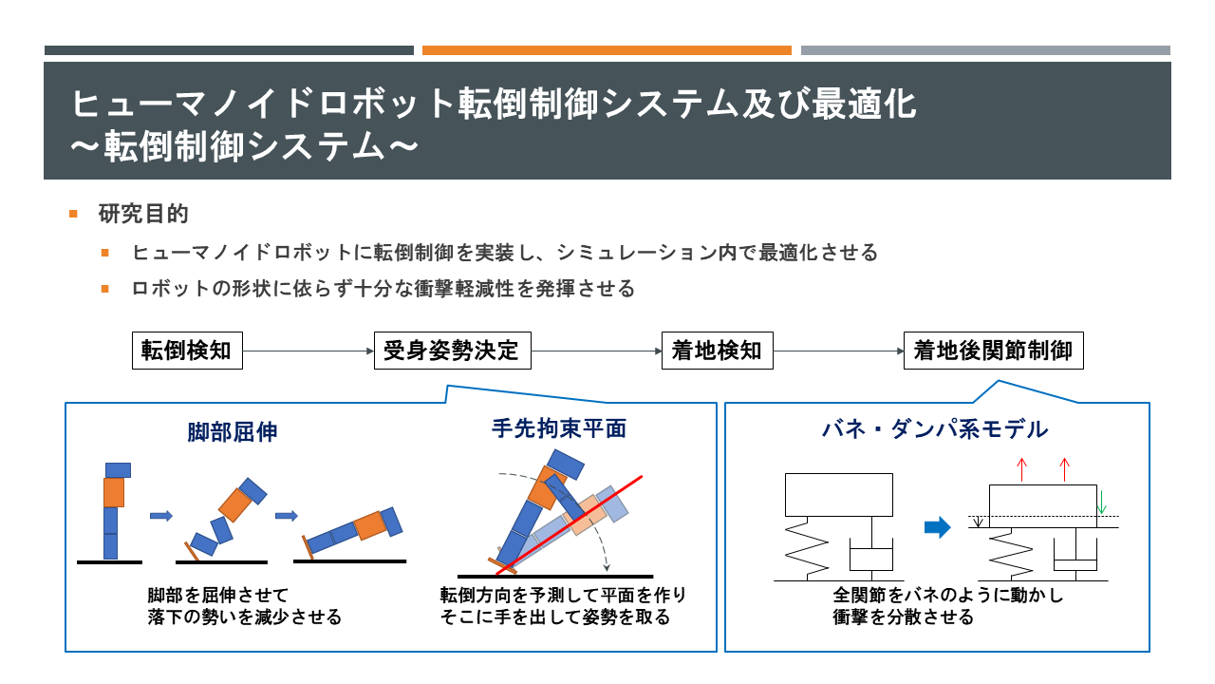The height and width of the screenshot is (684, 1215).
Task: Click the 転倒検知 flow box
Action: (x=187, y=351)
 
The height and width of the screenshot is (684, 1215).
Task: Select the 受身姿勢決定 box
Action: (x=453, y=351)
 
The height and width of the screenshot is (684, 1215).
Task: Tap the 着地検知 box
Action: (x=717, y=351)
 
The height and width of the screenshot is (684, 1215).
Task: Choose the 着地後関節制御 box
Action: (x=993, y=351)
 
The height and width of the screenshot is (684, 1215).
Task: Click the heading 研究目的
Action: (x=143, y=214)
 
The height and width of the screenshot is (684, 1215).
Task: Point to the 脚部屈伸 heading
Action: (x=233, y=432)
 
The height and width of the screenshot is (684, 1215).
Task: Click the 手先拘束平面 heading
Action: (x=559, y=428)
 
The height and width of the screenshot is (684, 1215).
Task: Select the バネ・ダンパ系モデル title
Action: (x=935, y=429)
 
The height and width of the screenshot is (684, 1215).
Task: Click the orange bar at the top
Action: (x=607, y=50)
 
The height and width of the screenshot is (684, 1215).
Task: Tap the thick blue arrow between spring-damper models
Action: (x=937, y=527)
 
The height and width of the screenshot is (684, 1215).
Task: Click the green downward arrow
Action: (x=1101, y=503)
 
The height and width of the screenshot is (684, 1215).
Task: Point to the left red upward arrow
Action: (x=1022, y=470)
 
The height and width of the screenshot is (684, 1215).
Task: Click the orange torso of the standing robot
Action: (x=114, y=492)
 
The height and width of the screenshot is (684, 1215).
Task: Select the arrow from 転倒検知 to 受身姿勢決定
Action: (x=308, y=351)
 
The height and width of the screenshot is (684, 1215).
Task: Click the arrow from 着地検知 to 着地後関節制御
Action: (x=838, y=351)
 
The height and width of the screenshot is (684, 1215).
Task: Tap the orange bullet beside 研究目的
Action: (x=73, y=214)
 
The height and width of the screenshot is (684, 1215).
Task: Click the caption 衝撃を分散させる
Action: (x=903, y=617)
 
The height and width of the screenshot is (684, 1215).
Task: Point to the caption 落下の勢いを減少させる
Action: (x=245, y=617)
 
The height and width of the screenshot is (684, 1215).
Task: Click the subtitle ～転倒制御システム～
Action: (x=245, y=146)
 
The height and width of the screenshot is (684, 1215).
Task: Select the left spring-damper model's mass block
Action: (x=838, y=495)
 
